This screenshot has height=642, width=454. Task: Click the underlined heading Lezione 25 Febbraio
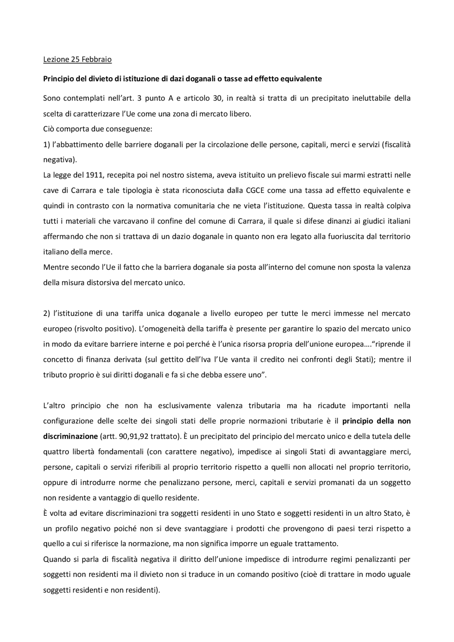point(77,60)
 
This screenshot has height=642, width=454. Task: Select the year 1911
point(95,175)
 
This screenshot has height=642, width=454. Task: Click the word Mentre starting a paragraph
point(55,267)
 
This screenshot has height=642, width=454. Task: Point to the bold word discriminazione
point(70,436)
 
